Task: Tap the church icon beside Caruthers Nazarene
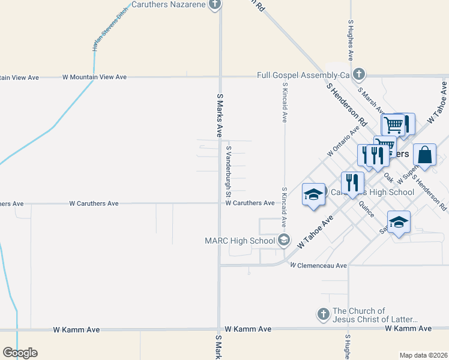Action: point(215,5)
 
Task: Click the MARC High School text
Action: point(240,241)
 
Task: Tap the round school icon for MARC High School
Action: point(284,241)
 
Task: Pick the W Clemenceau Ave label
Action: point(318,265)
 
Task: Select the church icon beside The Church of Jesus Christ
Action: point(323,314)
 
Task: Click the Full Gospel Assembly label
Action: point(303,75)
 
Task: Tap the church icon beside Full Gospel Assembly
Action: point(359,74)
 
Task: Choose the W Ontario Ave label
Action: point(343,142)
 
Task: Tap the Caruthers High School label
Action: point(372,192)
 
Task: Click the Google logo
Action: point(20,353)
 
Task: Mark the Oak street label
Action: point(388,178)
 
